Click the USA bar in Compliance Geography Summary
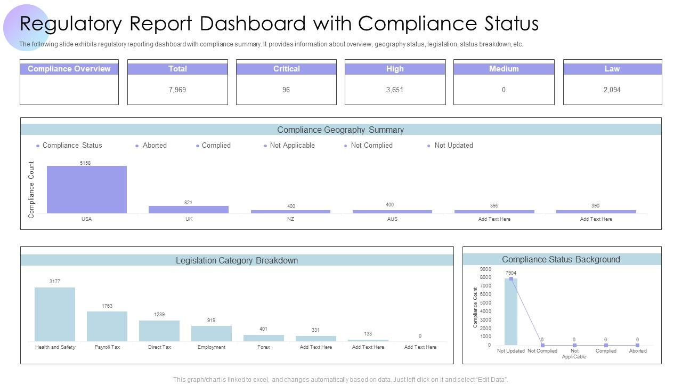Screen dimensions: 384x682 [x=87, y=189]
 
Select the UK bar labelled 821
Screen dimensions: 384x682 [x=189, y=210]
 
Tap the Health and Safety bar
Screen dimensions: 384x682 [x=55, y=314]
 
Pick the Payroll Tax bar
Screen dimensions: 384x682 [x=107, y=326]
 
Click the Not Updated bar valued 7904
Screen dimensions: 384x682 [x=510, y=312]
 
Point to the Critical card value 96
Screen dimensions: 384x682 [x=286, y=90]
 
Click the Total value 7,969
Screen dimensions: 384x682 [x=177, y=90]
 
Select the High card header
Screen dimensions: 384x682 [x=395, y=69]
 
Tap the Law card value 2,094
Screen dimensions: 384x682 [x=612, y=90]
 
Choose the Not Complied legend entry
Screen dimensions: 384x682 [x=371, y=145]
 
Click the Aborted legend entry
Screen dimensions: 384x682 [x=155, y=145]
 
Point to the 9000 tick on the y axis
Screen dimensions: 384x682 [x=485, y=269]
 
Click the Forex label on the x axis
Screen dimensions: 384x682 [x=264, y=347]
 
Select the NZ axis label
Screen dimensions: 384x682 [x=290, y=219]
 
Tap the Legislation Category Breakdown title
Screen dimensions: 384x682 [x=237, y=260]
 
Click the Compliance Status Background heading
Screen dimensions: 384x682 [x=561, y=259]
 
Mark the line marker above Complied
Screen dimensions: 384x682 [x=606, y=346]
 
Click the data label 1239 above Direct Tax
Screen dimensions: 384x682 [x=159, y=315]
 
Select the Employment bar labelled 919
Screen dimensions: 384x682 [x=212, y=333]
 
